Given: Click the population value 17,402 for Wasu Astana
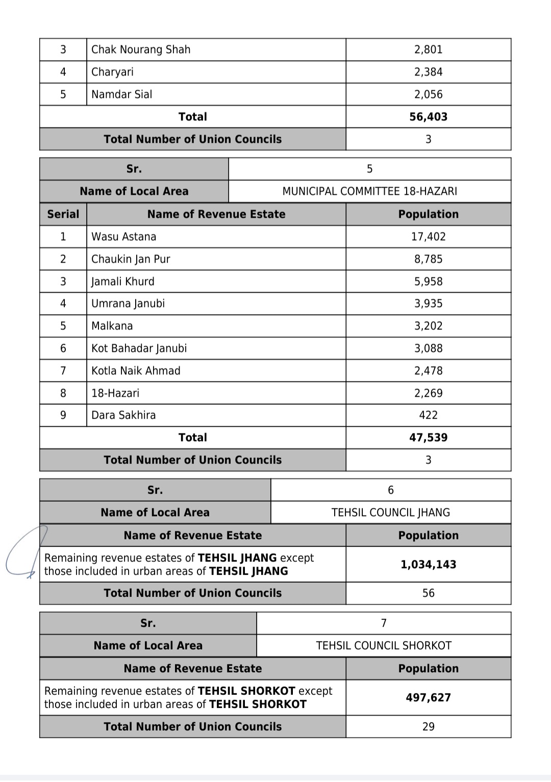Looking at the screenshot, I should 428,237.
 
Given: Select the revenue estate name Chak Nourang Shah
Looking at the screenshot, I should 141,49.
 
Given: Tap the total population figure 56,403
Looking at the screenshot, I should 428,117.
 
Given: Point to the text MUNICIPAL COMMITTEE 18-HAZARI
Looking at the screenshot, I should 369,191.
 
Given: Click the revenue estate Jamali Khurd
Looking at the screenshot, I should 122,281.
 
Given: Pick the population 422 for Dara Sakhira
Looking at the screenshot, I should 428,415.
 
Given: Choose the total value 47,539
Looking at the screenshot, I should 428,437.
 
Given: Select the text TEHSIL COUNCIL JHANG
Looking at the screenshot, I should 390,512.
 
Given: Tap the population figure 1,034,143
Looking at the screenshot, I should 428,564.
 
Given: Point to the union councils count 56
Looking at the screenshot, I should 428,593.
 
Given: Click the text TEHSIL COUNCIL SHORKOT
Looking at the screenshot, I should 384,645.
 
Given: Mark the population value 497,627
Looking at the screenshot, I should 428,697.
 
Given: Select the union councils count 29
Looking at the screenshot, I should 428,726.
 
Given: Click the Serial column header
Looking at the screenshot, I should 63,214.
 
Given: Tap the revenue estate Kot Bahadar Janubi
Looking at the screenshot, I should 139,348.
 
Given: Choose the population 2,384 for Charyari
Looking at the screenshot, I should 428,72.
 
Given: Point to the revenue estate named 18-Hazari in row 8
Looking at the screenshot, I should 115,393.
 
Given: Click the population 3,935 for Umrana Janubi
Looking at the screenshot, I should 428,303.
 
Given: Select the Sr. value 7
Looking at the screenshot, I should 384,623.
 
